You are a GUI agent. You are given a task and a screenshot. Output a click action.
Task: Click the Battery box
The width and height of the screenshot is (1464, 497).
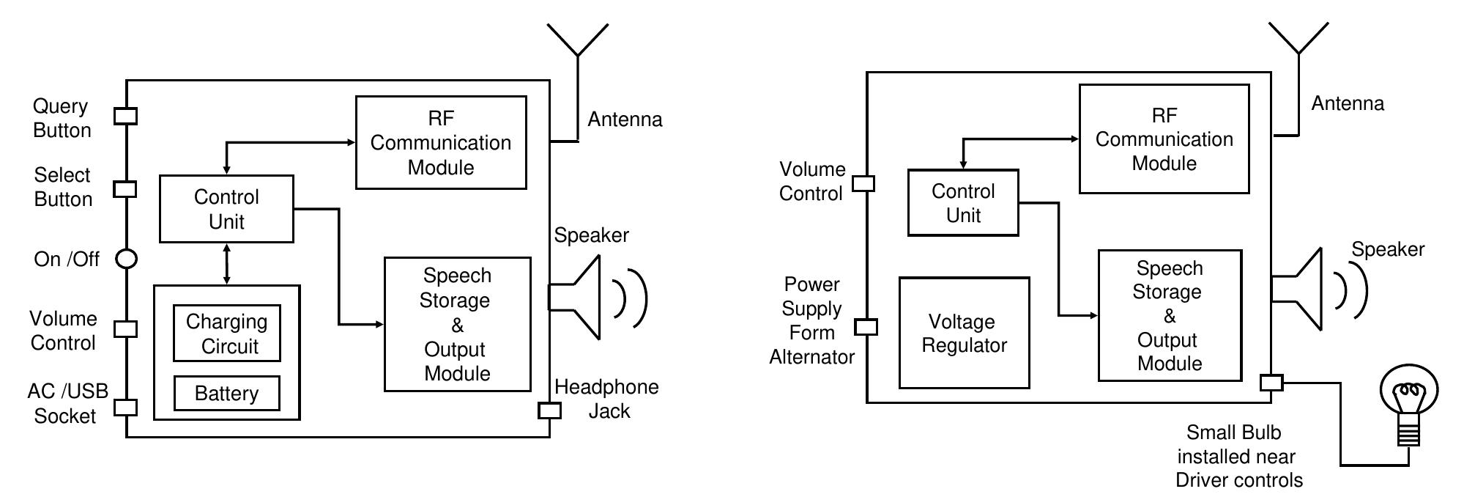[226, 394]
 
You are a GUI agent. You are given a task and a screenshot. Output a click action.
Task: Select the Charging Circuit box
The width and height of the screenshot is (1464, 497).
[226, 334]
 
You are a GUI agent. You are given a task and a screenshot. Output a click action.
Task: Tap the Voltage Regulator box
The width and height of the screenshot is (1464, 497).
[964, 333]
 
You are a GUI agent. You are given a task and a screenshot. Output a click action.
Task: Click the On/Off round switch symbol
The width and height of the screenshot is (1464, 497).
[127, 259]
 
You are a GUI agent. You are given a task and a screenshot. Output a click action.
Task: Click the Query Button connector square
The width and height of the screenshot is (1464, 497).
[126, 116]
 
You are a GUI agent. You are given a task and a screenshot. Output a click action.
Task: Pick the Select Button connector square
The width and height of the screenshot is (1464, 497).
[125, 188]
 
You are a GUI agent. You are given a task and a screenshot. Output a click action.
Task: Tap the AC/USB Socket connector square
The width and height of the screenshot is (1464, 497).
[126, 408]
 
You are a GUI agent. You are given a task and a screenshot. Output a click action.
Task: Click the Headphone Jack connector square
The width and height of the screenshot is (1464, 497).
[549, 411]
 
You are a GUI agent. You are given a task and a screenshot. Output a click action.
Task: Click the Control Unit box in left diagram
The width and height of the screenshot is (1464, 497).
[226, 209]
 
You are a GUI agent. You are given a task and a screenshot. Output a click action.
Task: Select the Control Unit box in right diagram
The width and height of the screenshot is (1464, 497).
[962, 203]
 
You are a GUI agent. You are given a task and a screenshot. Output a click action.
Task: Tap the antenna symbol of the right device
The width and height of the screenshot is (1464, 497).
[1298, 51]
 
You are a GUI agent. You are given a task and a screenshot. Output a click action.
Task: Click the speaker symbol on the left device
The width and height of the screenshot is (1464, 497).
[582, 297]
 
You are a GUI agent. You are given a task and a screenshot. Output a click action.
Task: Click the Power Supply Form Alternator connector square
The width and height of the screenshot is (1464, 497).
[866, 327]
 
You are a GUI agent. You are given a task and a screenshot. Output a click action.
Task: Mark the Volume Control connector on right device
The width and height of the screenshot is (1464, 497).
[864, 183]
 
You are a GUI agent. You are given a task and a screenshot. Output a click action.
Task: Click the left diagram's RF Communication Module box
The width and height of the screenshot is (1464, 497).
[441, 142]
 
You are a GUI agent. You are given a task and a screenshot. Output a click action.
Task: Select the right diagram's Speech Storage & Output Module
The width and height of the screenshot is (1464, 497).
[1170, 315]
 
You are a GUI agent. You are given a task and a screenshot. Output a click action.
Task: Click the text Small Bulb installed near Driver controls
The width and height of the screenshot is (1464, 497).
[1238, 456]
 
